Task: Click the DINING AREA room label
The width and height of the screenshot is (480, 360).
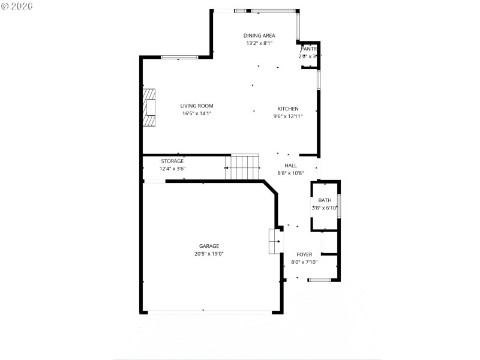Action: tap(259, 35)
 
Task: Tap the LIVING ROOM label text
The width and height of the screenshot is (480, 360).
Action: tap(197, 106)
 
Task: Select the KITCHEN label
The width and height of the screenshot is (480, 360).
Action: tap(288, 109)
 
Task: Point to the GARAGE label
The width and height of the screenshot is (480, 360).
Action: tap(209, 246)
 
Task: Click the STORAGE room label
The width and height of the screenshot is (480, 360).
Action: tap(172, 161)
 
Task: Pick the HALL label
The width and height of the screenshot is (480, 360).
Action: tap(290, 166)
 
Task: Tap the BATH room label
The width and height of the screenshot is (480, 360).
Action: tap(325, 200)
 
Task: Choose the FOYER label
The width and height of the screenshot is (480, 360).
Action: tap(304, 254)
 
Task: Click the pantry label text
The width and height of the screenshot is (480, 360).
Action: tap(308, 49)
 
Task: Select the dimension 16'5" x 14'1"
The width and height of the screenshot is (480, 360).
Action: tap(197, 113)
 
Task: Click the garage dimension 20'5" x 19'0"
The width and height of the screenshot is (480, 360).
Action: tap(209, 254)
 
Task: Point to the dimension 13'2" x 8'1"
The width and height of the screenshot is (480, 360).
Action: tap(259, 43)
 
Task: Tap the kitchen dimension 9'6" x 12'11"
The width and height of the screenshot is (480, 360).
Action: tap(288, 116)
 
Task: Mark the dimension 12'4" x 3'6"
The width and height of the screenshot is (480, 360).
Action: tap(172, 169)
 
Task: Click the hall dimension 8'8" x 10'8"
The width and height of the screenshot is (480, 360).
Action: tap(290, 173)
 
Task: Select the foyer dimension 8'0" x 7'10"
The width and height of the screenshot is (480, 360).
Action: tap(304, 262)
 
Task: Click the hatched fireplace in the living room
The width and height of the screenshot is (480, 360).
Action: tap(149, 107)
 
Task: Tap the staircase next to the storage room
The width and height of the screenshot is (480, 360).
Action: tap(242, 167)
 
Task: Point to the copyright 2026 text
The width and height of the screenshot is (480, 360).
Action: tap(17, 7)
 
